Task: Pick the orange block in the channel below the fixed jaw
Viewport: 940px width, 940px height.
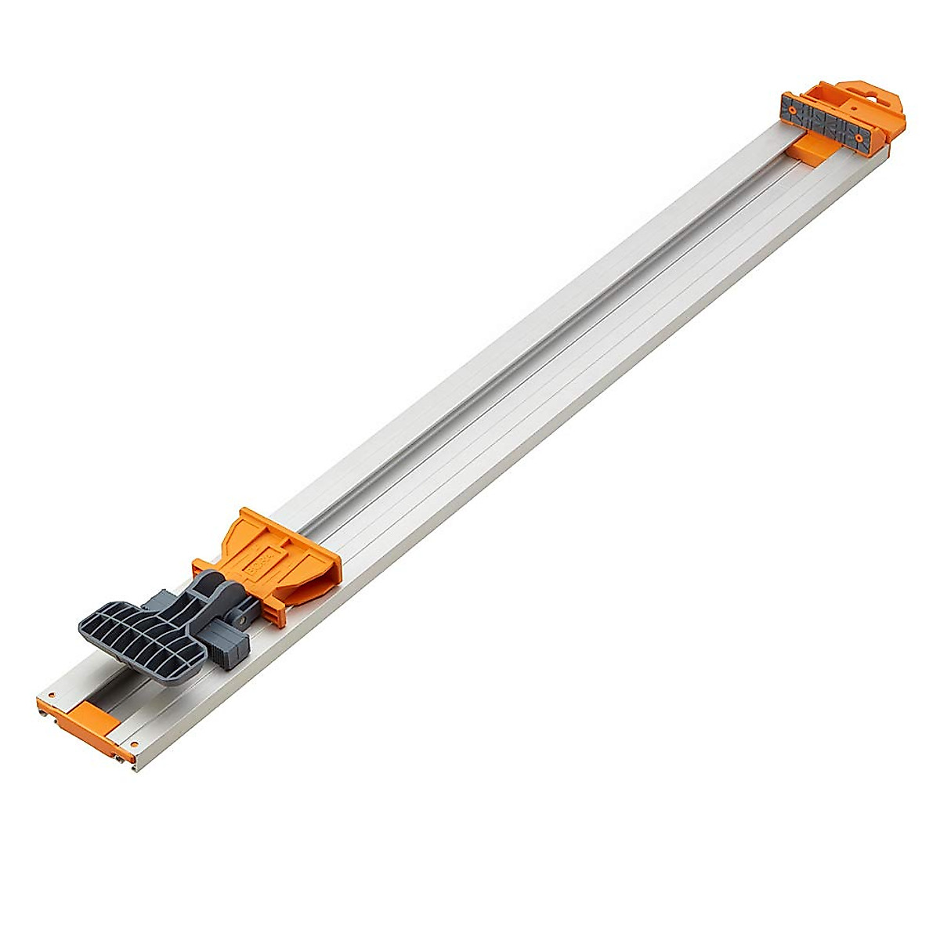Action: click(812, 149)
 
